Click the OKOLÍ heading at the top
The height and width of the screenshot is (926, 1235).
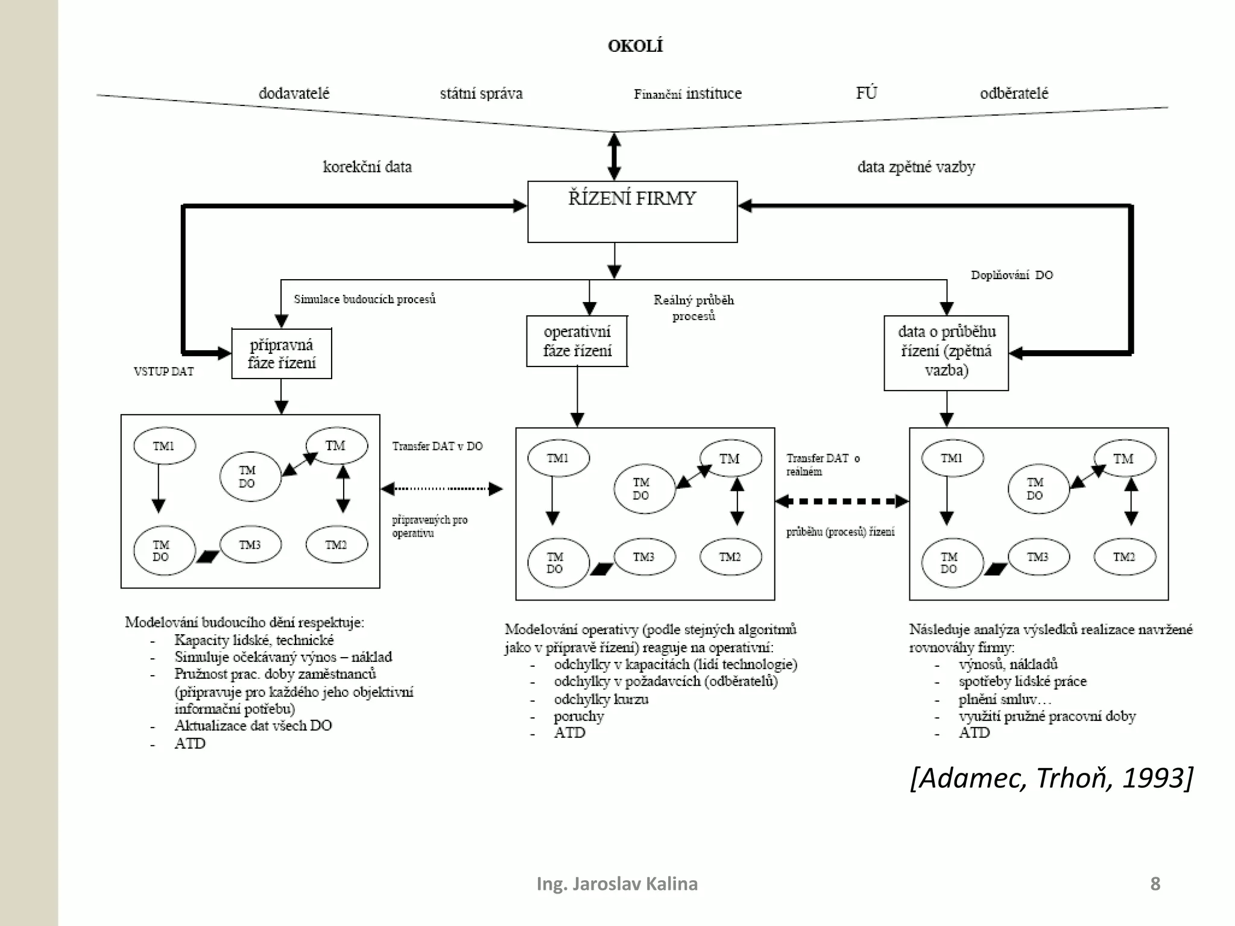click(635, 46)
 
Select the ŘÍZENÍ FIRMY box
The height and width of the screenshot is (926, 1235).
click(632, 212)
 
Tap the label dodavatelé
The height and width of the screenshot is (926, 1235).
click(294, 93)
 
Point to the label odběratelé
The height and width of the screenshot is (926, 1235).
click(1014, 93)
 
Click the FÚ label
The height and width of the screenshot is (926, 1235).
click(866, 93)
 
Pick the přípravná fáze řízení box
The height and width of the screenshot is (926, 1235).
click(282, 354)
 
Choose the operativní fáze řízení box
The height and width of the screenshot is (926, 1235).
click(577, 341)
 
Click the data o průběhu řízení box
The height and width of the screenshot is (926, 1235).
click(946, 353)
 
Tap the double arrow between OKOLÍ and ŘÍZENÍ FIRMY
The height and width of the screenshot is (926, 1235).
click(614, 157)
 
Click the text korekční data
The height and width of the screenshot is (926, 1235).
click(367, 167)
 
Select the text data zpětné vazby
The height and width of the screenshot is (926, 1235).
click(916, 167)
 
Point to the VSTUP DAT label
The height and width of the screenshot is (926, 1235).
click(163, 371)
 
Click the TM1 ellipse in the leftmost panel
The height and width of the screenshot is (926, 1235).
click(164, 446)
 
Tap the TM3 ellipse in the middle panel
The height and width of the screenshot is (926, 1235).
click(644, 556)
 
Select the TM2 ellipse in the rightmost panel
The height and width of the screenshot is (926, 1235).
click(1124, 556)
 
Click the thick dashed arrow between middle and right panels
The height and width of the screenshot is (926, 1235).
click(842, 501)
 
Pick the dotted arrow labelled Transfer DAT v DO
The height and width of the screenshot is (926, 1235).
click(442, 488)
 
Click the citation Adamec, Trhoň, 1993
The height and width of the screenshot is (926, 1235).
click(1051, 778)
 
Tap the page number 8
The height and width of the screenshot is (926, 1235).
click(1155, 884)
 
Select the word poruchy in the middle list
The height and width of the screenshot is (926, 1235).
click(578, 716)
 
